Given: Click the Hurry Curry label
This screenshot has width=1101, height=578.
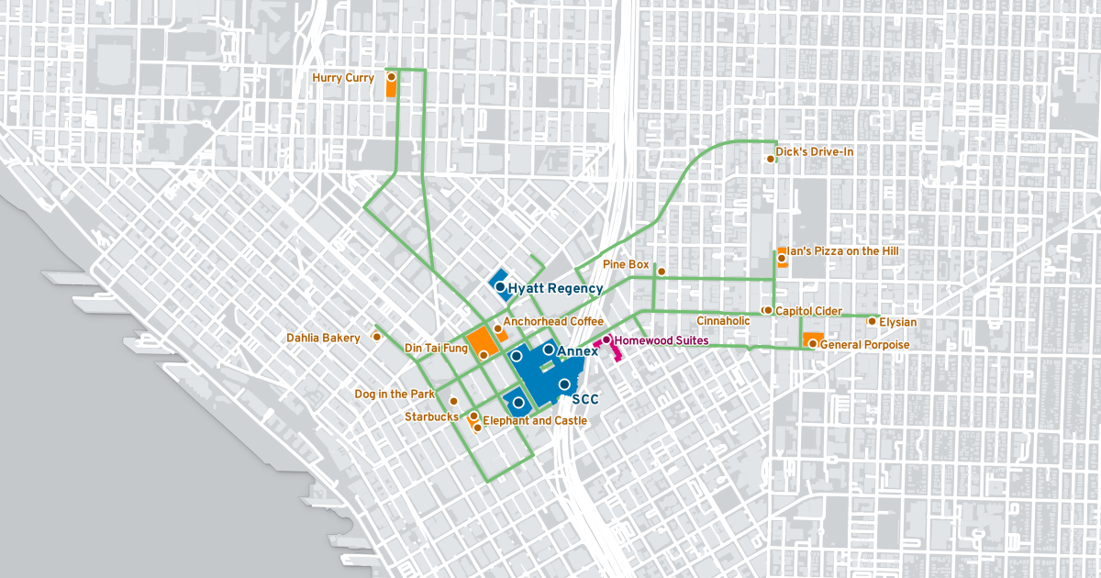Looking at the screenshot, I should coord(343,78).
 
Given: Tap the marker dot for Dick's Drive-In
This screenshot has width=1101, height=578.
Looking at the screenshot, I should coord(771,159).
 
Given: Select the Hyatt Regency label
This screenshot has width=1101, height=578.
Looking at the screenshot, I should coord(556,288).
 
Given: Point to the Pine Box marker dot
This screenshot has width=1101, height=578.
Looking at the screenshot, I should coord(661,271).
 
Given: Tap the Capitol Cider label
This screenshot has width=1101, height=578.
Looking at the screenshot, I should coord(808,311).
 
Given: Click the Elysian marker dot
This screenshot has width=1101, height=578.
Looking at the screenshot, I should coord(872,321).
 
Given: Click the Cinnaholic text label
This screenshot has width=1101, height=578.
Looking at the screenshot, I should coord(723,321).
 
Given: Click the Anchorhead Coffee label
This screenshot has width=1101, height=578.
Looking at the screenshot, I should coord(553,321).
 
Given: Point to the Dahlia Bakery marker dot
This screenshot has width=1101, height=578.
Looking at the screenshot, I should coord(375,337).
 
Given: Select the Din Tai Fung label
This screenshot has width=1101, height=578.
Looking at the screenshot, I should coord(436,349).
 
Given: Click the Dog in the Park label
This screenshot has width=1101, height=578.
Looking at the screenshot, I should coord(395,395).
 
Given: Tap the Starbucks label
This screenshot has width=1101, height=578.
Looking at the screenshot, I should coord(431,417).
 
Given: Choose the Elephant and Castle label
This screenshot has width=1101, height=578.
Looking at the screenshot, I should coord(535,421).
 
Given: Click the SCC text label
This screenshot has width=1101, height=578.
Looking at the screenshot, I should coord(585,400).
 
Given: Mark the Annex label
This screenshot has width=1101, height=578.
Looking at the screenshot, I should coord(577,351).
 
